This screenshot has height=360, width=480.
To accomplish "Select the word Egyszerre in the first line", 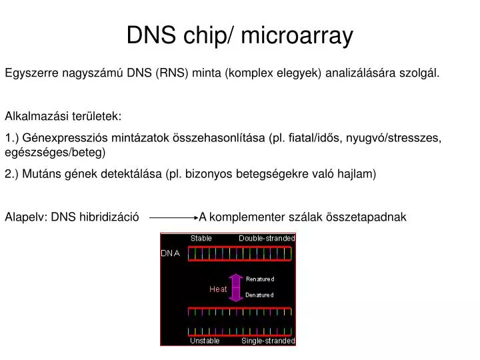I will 31,73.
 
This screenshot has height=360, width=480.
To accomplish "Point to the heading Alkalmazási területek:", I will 63,116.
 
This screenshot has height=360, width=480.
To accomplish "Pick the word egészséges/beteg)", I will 55,152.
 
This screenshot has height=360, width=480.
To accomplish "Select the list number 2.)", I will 12,174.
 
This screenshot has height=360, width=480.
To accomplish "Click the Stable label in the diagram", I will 201,238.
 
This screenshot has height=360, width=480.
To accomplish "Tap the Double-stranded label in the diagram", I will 267,238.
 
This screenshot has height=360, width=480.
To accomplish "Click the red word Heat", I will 218,289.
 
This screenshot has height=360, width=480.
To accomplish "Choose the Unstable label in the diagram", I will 205,341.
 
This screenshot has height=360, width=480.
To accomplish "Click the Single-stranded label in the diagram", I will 267,341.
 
